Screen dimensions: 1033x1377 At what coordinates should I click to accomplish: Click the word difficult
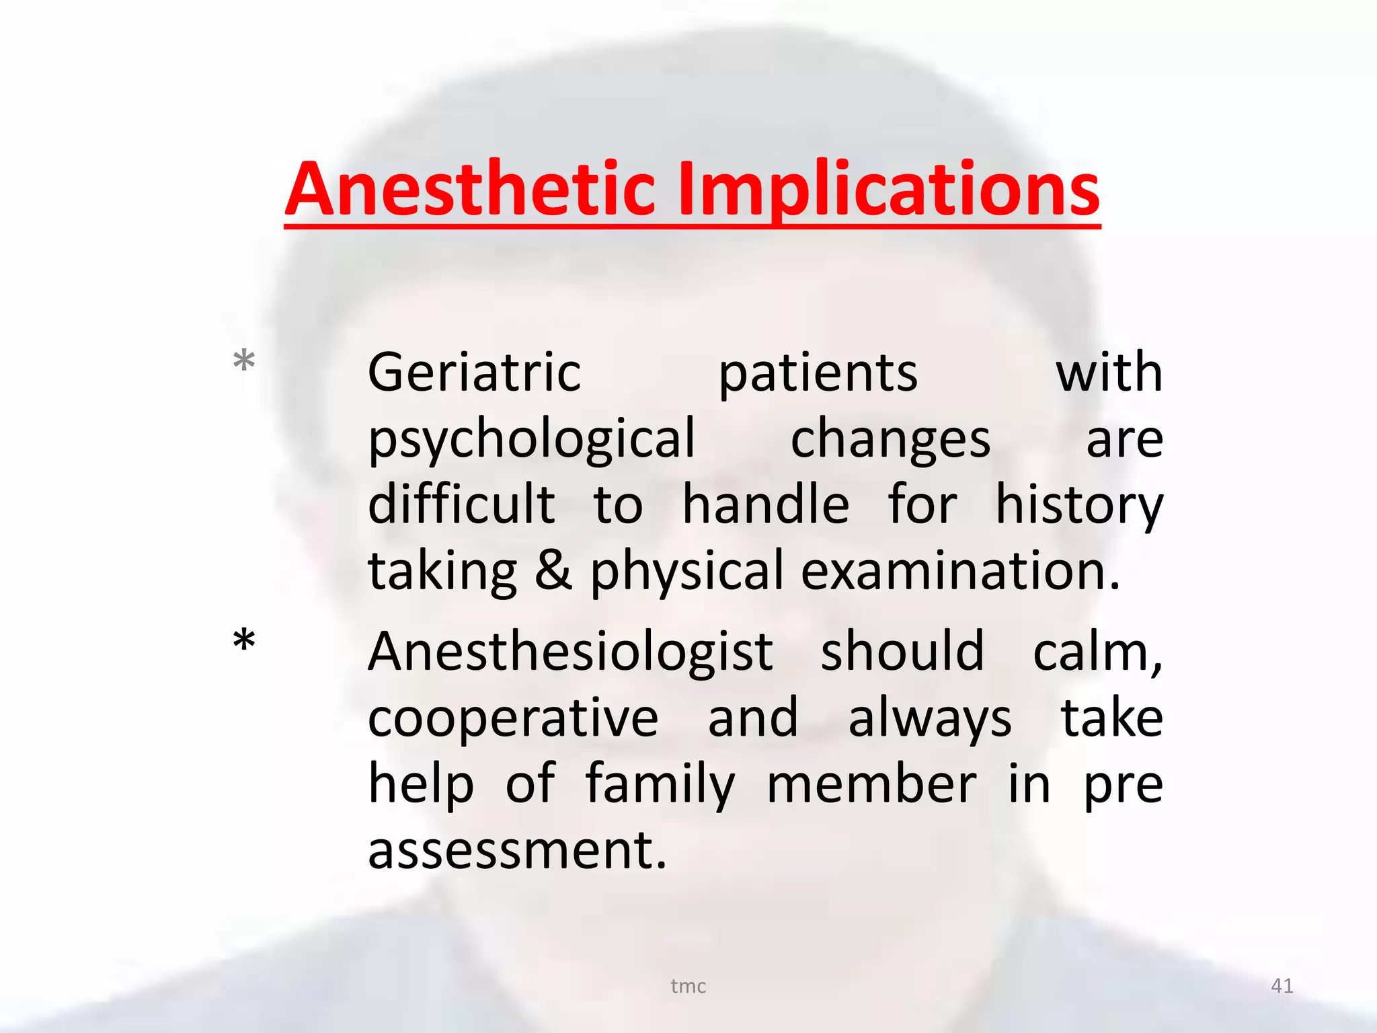click(462, 504)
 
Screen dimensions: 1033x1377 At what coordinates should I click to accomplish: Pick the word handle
click(766, 504)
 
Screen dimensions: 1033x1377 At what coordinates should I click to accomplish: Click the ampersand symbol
click(553, 571)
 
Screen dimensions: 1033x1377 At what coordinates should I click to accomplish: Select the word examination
click(960, 571)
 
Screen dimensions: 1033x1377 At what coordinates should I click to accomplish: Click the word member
click(871, 784)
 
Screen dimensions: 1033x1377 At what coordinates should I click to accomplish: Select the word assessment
click(517, 850)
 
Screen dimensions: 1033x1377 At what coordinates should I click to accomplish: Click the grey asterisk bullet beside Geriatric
click(244, 361)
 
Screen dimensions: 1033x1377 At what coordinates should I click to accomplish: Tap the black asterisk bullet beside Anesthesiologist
click(244, 640)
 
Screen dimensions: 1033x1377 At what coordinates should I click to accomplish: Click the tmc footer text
click(688, 986)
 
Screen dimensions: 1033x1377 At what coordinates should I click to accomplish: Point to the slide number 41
click(1282, 986)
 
